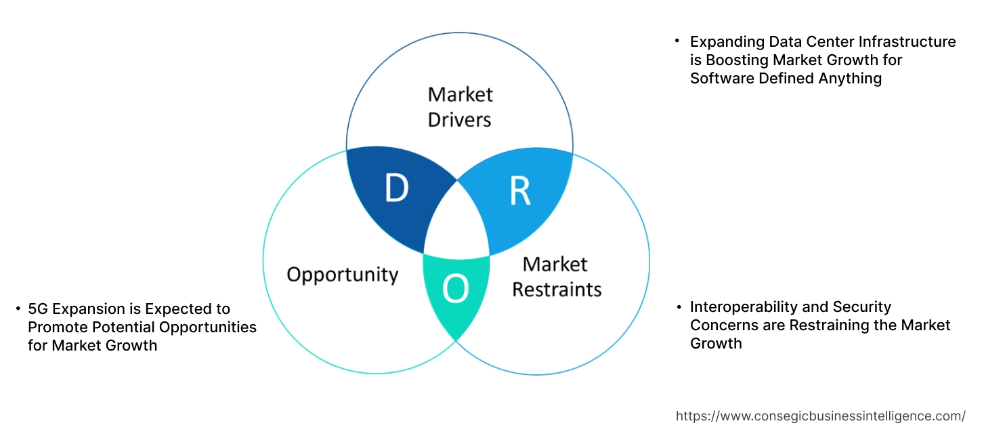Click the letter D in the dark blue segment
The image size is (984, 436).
pos(397,188)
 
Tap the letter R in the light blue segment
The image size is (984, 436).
pos(520,191)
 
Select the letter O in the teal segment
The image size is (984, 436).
pos(455,290)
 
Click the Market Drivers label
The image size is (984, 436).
pos(461,106)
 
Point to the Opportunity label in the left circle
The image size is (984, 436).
pos(342,275)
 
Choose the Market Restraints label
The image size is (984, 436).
pos(556,277)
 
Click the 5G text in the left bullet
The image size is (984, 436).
pos(38,309)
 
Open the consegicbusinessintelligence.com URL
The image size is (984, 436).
pos(821,416)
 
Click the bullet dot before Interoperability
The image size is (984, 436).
pos(679,307)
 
